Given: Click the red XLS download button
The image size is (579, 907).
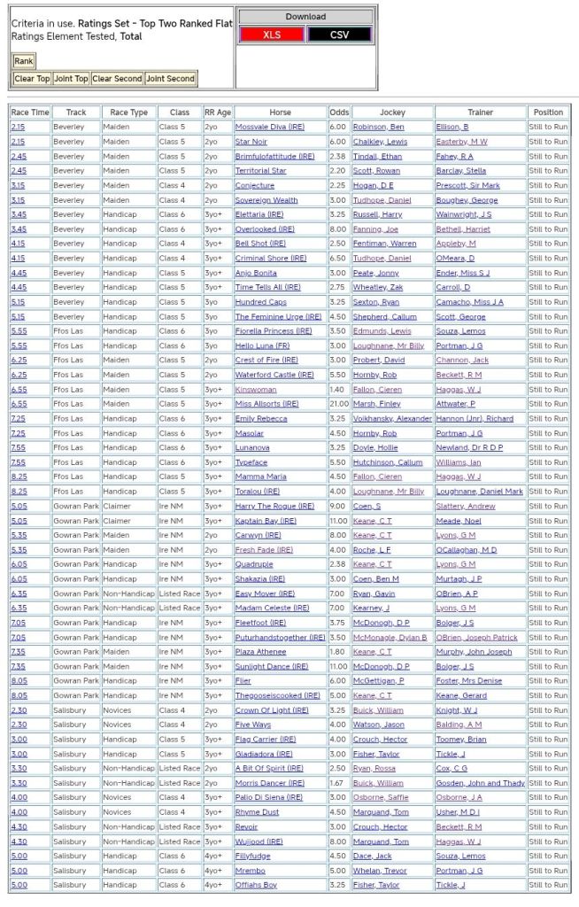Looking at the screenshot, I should tap(272, 35).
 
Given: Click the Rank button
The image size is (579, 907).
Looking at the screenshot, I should tap(23, 61).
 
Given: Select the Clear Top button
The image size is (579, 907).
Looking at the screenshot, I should tap(32, 79).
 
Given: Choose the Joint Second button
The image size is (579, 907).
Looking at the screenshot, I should tap(170, 79).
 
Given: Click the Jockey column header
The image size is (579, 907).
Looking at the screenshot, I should tap(392, 112).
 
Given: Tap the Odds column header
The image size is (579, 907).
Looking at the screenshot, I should tap(339, 112).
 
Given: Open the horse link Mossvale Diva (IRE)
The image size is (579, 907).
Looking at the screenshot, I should tap(269, 128).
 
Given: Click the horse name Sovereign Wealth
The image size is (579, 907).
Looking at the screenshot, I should tap(266, 200).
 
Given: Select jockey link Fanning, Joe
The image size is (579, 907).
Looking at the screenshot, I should tap(375, 229).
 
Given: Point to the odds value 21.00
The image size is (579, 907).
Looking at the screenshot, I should tap(339, 404).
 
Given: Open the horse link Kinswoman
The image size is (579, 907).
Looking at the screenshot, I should tap(256, 390).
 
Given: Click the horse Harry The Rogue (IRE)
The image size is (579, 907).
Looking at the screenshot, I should tap(274, 506).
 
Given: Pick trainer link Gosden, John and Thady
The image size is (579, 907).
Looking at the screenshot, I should tap(480, 783).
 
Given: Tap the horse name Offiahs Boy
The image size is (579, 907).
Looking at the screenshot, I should tap(256, 885).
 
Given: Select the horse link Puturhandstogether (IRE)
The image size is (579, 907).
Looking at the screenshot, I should tap(279, 637).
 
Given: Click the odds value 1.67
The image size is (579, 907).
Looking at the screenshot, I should tap(339, 783).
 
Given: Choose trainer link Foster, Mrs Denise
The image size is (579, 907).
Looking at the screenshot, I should tap(469, 680).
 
